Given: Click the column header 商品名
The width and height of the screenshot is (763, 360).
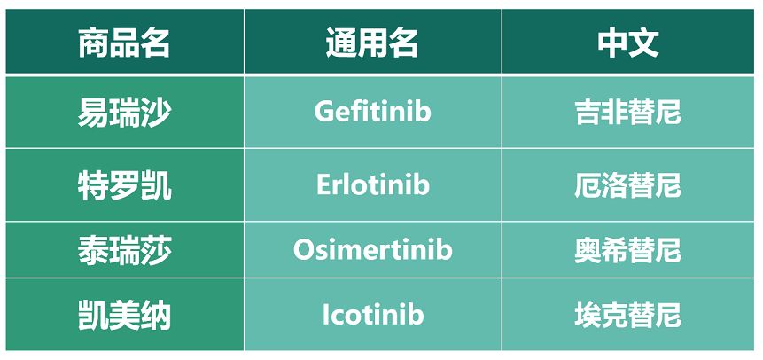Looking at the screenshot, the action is tap(124, 43).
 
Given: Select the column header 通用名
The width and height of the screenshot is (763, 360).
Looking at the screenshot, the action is tap(372, 43).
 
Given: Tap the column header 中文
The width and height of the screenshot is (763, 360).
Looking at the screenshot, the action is tap(628, 43).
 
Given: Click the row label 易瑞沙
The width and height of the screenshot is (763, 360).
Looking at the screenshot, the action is tap(124, 113).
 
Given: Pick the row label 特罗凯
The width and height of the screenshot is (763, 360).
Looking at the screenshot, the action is tap(124, 185).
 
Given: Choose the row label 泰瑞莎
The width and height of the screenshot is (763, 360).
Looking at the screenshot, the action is tap(124, 250).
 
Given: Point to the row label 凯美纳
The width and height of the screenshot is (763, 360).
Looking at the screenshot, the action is tap(124, 316).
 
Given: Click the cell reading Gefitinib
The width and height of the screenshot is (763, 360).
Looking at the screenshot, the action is tap(373, 112).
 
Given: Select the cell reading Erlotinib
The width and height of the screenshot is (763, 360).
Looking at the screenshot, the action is tap(373, 184).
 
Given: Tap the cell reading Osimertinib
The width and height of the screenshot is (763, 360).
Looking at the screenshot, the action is tap(373, 249).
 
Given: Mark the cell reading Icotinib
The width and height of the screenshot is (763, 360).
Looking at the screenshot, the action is tap(373, 315).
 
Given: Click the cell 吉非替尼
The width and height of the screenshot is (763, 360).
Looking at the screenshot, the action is tap(627, 113).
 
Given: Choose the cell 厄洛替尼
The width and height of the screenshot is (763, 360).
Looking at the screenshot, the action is tap(627, 185).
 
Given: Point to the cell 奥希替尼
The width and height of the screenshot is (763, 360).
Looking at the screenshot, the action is tap(627, 250).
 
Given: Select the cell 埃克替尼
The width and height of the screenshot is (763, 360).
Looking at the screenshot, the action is tap(627, 316).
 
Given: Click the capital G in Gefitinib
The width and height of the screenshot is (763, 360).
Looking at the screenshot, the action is tap(324, 112).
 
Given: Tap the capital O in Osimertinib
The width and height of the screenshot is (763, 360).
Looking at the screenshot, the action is tap(304, 249).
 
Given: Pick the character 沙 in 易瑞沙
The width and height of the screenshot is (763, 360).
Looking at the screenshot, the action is tap(156, 113).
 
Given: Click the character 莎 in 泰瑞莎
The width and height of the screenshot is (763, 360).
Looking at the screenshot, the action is tap(156, 250).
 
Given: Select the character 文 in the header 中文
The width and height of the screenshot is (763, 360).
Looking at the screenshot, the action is tap(644, 43).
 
